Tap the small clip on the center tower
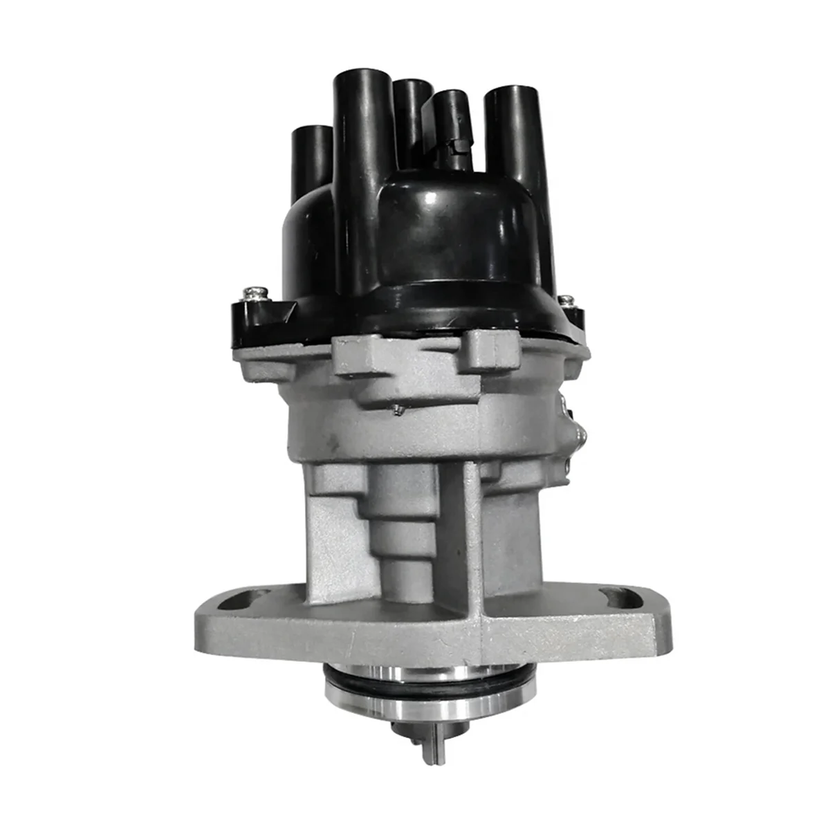(x=456, y=145)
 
